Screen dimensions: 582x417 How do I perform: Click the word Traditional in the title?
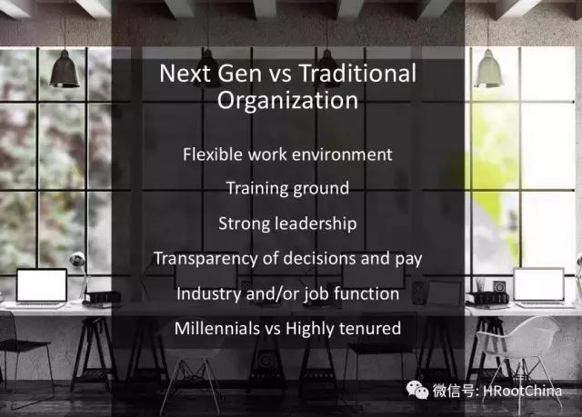357,73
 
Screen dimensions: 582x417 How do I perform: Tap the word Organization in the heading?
287,101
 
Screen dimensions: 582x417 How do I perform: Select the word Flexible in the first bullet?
213,154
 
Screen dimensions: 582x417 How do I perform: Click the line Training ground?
287,189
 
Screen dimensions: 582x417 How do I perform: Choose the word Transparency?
206,259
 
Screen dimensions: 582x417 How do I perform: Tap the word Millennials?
217,328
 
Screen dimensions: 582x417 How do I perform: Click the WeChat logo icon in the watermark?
417,391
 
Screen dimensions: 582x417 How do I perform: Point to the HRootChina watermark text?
523,391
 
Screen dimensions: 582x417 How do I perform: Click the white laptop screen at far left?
42,285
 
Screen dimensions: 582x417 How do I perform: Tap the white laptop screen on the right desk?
538,284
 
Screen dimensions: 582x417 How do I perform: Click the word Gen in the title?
239,73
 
